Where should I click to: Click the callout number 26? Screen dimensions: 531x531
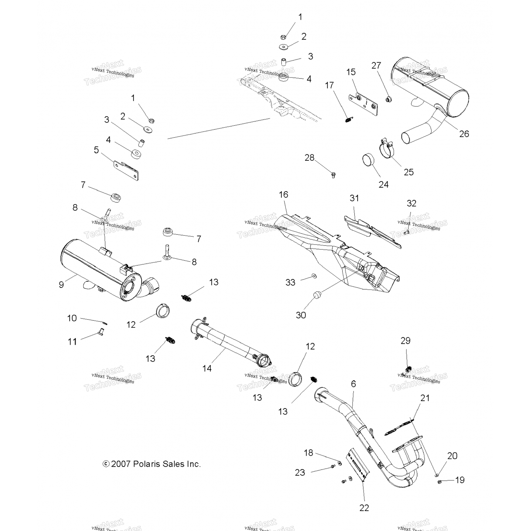click(464, 134)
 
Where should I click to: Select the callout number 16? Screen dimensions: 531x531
click(284, 194)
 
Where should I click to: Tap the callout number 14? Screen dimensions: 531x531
click(207, 368)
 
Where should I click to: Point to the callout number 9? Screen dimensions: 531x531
click(61, 284)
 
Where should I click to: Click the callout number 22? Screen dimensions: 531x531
click(364, 508)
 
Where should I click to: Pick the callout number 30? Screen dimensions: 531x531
click(301, 315)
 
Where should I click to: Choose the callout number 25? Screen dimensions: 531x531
click(409, 172)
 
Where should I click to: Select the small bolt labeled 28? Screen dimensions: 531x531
click(333, 175)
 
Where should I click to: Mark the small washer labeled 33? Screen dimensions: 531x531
click(314, 276)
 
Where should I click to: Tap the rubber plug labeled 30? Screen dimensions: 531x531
click(317, 295)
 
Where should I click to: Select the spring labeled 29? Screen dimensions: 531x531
click(408, 370)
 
